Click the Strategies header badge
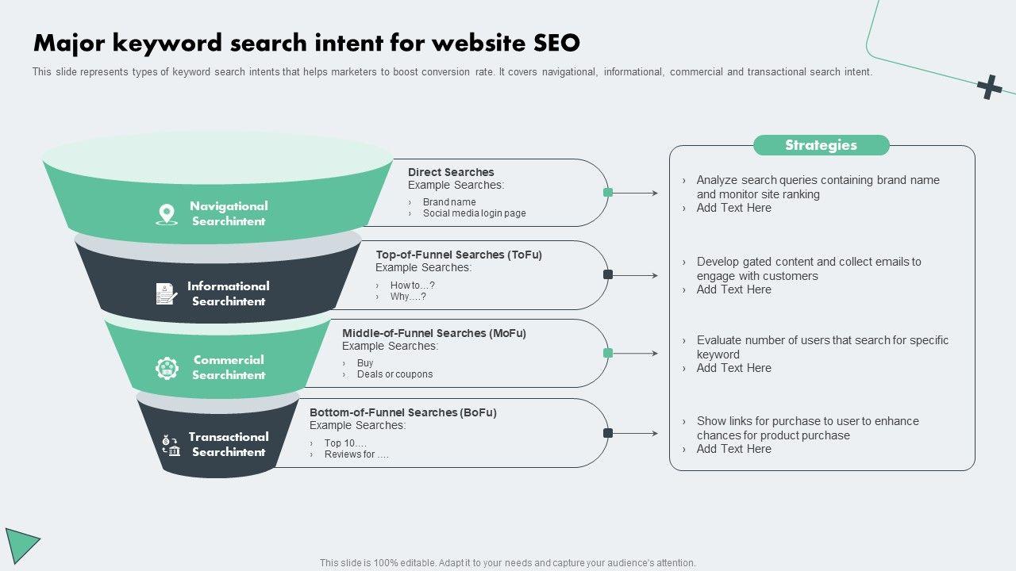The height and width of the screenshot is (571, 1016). pos(821,145)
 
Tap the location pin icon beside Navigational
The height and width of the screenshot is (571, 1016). pos(167,214)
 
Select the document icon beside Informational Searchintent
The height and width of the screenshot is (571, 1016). pos(166,293)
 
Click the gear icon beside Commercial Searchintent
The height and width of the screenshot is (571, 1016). pos(167,368)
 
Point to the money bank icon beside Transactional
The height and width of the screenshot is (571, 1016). pos(171,445)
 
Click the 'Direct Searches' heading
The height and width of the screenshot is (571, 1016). pos(451,172)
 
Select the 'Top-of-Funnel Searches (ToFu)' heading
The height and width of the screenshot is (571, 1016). pos(459,255)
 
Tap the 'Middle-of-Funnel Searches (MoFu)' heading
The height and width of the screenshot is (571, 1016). pos(434,333)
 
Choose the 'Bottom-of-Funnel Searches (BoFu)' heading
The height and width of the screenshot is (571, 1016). pos(403,412)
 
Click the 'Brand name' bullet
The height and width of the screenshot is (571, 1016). pos(449,202)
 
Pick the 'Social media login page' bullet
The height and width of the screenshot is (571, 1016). pos(474,213)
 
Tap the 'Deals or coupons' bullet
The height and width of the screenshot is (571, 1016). pos(394,374)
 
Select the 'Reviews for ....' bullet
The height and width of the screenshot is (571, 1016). pos(356,454)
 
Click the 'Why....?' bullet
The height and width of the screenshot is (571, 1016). pos(408,297)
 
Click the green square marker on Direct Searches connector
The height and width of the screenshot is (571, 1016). pos(608,193)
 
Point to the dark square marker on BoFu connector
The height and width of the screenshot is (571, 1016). pos(608,433)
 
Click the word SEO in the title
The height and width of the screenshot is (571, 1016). pos(556,42)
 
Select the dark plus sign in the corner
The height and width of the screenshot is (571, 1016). pos(989,87)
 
